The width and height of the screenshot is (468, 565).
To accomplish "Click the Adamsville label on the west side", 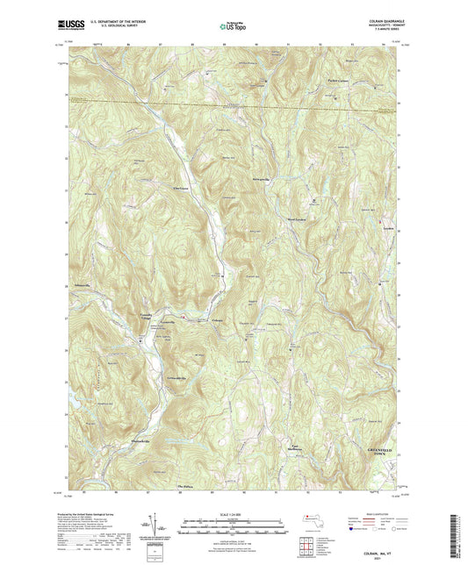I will [83, 285].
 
